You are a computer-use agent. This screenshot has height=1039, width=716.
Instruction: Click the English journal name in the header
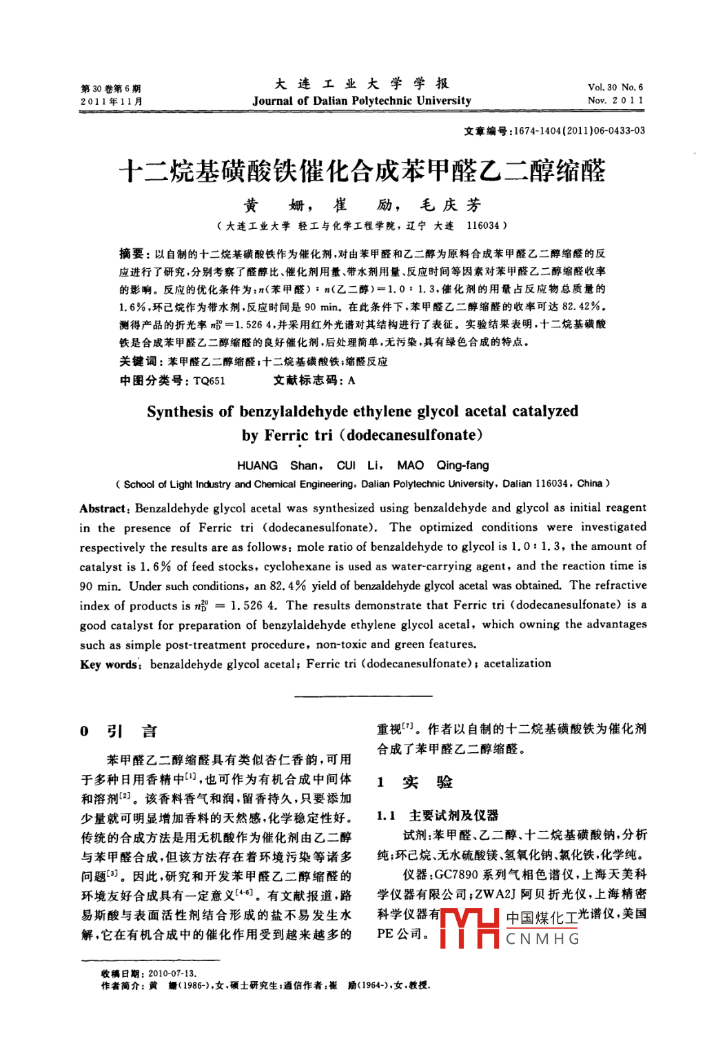(x=362, y=101)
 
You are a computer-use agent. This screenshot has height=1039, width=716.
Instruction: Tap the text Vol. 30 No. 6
(x=615, y=88)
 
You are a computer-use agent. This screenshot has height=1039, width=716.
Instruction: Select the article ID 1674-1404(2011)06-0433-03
(x=579, y=131)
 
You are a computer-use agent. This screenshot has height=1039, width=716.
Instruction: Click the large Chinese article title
(x=362, y=171)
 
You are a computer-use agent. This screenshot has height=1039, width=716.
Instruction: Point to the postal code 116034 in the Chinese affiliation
(x=482, y=225)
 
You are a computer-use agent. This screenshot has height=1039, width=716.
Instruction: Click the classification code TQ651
(x=209, y=381)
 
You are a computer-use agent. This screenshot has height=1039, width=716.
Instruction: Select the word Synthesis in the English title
(x=180, y=412)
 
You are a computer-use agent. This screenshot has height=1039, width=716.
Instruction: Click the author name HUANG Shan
(x=278, y=465)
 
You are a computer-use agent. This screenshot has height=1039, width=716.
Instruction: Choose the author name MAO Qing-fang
(x=442, y=465)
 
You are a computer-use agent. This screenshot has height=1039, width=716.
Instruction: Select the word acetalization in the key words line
(x=517, y=663)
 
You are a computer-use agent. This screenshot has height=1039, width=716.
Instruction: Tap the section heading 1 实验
(x=415, y=782)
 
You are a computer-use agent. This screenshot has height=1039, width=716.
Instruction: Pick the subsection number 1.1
(x=386, y=816)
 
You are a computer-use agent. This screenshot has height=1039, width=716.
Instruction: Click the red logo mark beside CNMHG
(x=469, y=928)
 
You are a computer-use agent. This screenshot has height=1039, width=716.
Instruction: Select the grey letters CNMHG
(x=543, y=939)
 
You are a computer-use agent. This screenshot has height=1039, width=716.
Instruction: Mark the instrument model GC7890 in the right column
(x=456, y=875)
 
